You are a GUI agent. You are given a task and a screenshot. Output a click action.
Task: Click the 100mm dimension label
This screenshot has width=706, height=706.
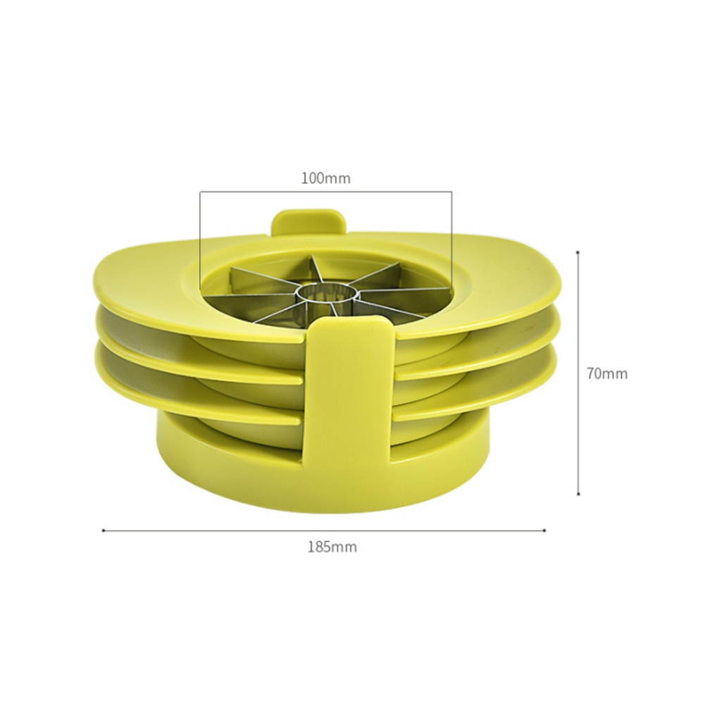coord(326,178)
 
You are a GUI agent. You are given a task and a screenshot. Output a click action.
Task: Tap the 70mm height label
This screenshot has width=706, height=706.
coord(607,373)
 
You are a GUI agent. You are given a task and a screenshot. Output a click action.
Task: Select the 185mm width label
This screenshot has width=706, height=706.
coord(331,547)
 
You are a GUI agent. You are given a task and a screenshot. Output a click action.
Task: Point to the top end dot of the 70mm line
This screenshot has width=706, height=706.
coord(578,252)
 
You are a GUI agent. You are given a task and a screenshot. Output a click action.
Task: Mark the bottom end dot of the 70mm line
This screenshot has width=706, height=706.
coord(578,495)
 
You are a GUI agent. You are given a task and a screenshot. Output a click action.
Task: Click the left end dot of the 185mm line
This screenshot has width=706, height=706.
coord(103,531)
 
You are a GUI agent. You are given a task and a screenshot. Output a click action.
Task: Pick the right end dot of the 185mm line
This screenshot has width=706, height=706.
coord(545,531)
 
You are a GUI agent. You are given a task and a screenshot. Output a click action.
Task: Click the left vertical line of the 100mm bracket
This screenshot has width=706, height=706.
coord(200,240)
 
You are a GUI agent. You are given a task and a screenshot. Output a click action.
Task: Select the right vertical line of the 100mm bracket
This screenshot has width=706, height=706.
coord(452,240)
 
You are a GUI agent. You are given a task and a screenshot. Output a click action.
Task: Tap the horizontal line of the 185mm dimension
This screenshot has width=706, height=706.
coord(324,531)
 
